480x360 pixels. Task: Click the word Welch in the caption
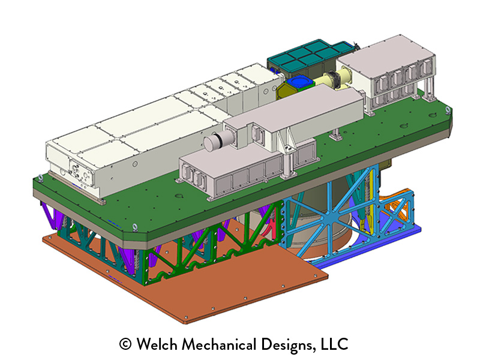pos(157,344)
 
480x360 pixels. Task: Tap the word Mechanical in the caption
pos(219,344)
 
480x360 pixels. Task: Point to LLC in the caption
pos(334,344)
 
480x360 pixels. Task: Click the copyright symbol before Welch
pos(125,344)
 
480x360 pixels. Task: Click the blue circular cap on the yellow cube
pos(298,82)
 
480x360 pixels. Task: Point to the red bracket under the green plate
pos(269,228)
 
